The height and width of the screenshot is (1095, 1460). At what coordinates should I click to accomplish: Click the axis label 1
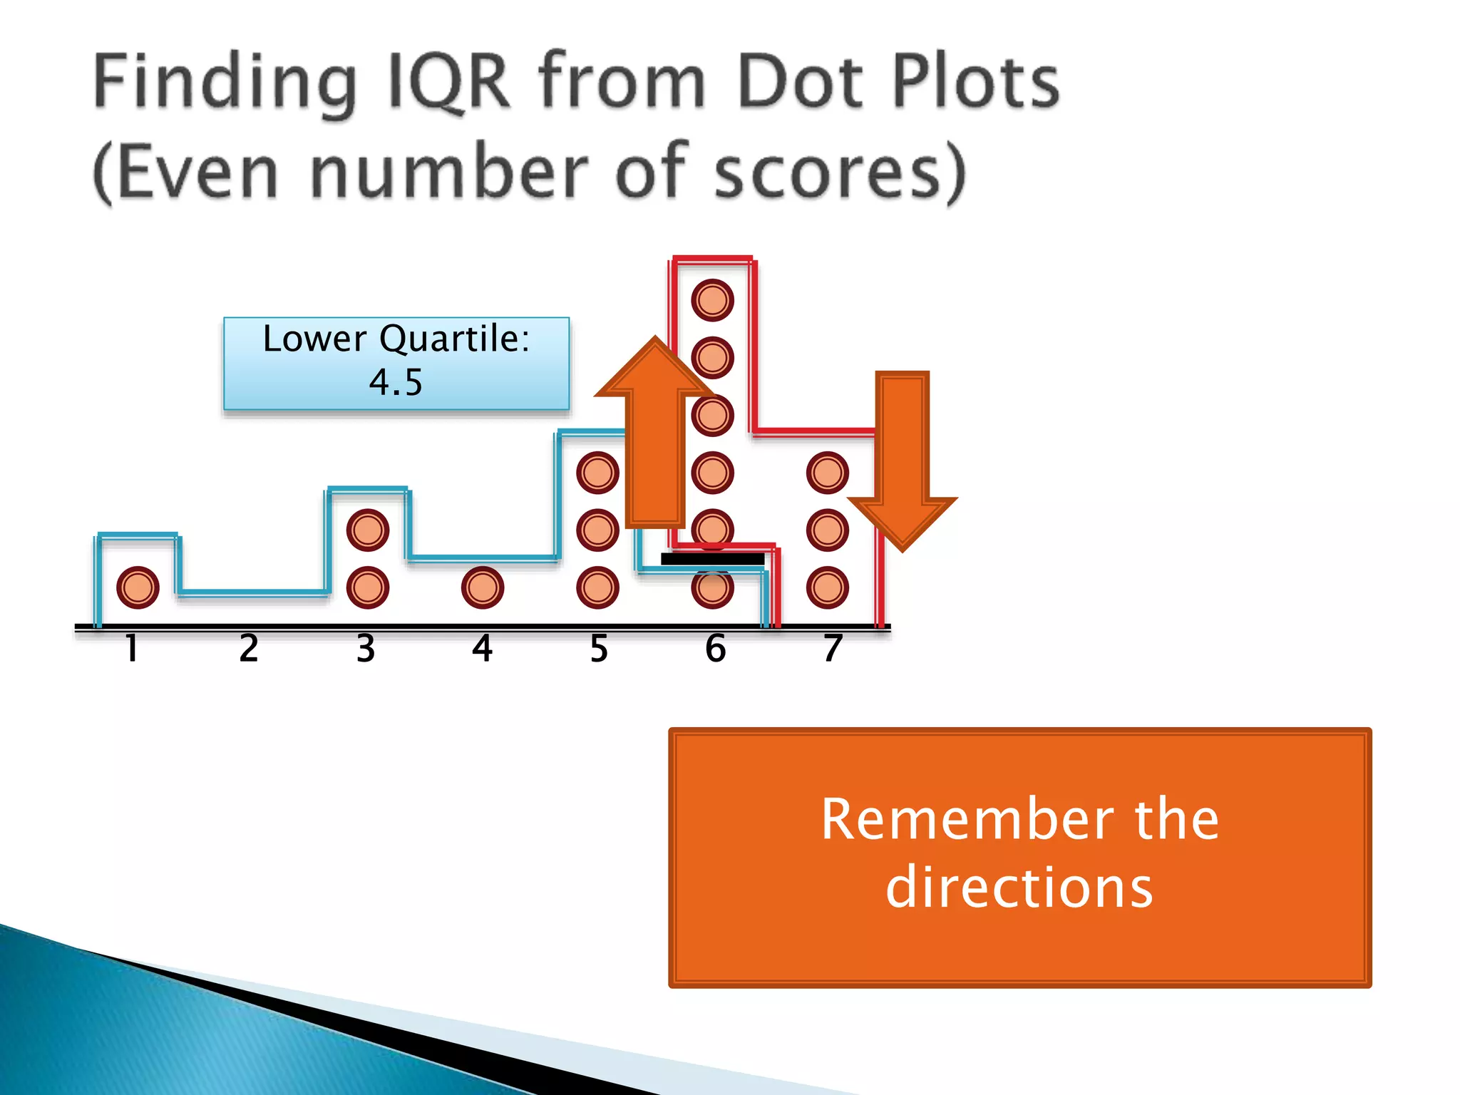coord(132,648)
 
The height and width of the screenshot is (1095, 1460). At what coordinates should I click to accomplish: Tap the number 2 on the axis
coord(248,648)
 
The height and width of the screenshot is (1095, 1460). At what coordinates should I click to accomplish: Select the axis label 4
coord(483,648)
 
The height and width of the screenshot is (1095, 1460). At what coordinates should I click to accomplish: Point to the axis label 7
coord(832,648)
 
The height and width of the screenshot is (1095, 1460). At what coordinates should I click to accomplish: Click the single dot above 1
coord(138,587)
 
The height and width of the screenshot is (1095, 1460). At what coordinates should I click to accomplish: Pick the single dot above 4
coord(483,587)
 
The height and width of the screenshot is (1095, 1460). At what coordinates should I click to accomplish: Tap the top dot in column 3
coord(368,530)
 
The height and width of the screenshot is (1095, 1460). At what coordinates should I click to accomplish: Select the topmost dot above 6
coord(712,300)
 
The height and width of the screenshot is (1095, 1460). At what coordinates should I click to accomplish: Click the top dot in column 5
coord(597,473)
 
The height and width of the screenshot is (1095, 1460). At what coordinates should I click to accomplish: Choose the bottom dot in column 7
coord(827,587)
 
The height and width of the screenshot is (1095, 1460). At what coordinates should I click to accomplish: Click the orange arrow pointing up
coord(654,442)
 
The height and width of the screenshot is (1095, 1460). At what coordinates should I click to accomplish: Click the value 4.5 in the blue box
coord(396,382)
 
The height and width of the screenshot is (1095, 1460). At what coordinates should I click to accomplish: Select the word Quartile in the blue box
coord(454,339)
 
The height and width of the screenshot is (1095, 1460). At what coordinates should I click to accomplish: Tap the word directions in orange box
coord(1019,888)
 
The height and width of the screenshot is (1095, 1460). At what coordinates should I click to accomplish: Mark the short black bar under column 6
coord(712,559)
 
